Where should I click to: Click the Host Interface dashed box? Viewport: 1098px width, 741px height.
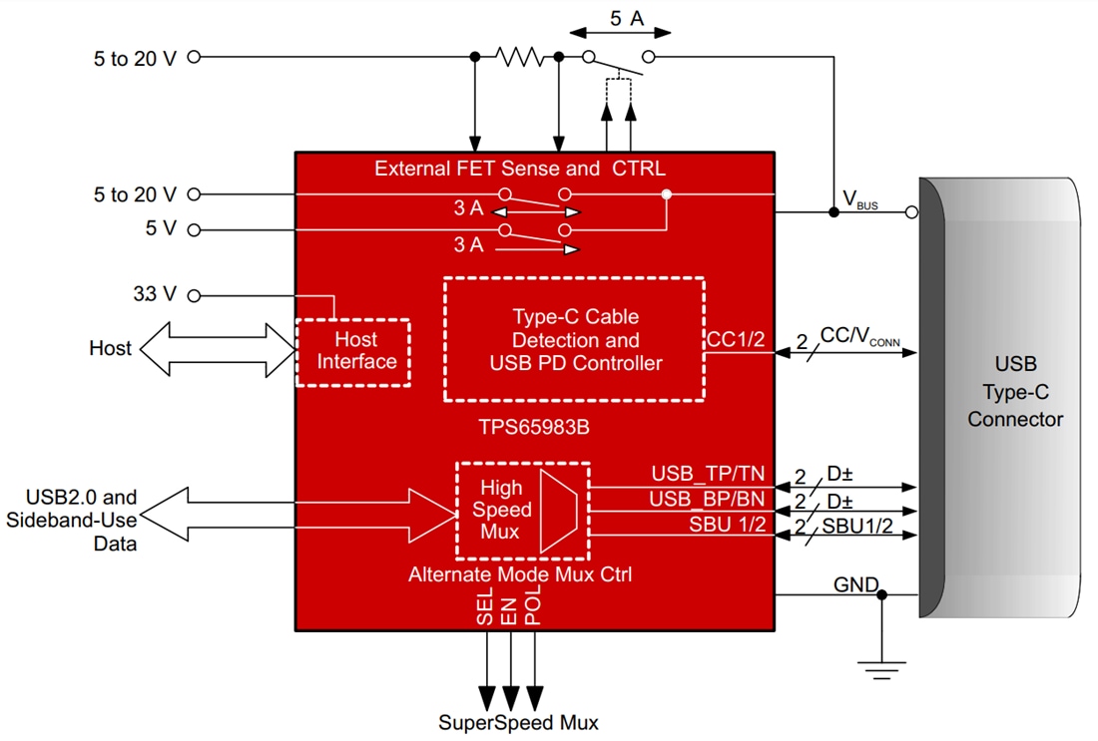tap(353, 351)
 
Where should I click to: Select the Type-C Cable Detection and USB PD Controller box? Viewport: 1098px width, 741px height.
tap(575, 340)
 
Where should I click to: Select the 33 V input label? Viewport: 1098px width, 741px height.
tap(155, 295)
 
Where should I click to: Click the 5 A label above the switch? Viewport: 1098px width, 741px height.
tap(626, 17)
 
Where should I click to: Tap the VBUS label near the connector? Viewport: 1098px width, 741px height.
tap(860, 200)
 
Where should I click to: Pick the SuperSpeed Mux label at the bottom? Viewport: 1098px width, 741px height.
tap(518, 722)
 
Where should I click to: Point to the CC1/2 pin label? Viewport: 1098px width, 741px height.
tap(736, 340)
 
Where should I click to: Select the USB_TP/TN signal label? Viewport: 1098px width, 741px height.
tap(708, 473)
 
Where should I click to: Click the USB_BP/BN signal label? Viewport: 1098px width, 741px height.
tap(708, 499)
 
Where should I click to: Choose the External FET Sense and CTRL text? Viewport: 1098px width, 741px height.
tap(519, 169)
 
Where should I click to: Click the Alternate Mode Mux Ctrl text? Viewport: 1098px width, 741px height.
tap(519, 574)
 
